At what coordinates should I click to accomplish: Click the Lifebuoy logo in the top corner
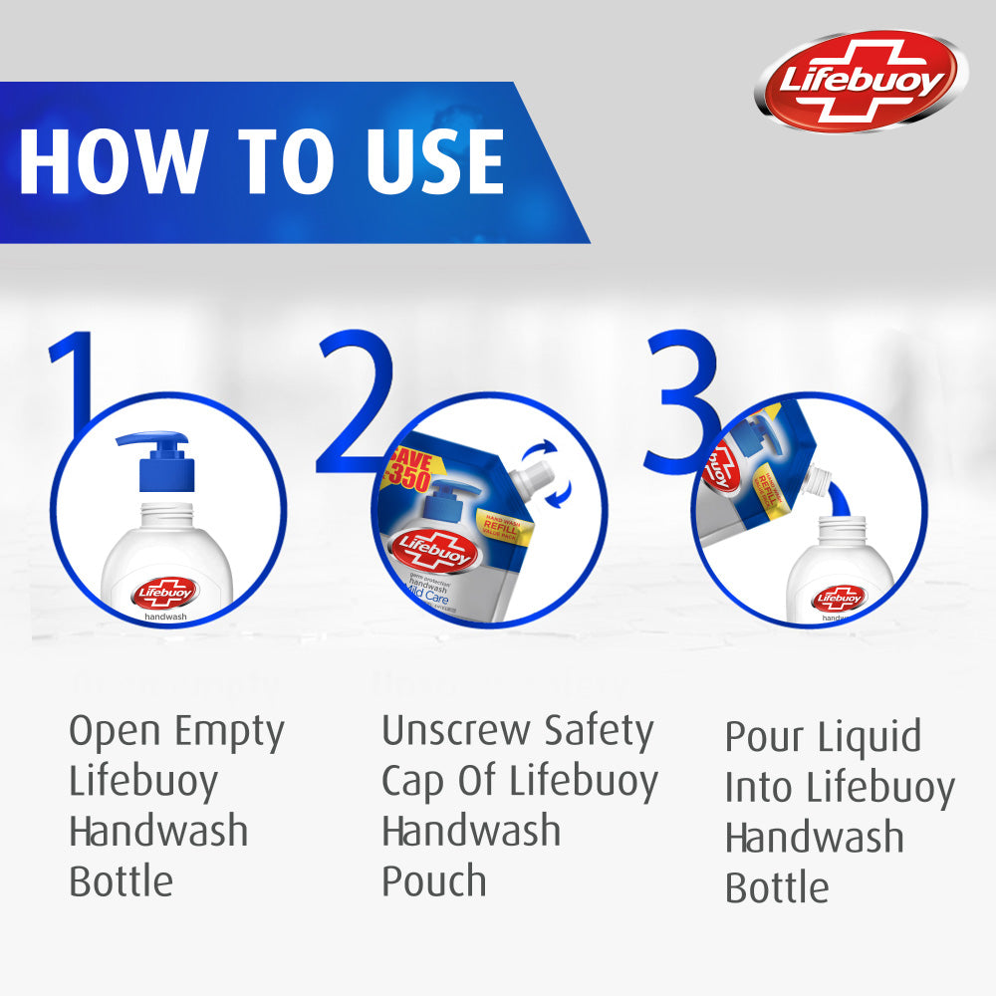tap(861, 81)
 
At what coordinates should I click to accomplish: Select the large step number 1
tap(75, 378)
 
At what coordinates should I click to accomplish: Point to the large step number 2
tap(355, 398)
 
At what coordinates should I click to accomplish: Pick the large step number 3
tap(683, 398)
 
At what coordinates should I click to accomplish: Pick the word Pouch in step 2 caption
tap(433, 880)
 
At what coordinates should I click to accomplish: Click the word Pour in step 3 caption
tap(765, 738)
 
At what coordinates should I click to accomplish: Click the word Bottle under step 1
tap(122, 880)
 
